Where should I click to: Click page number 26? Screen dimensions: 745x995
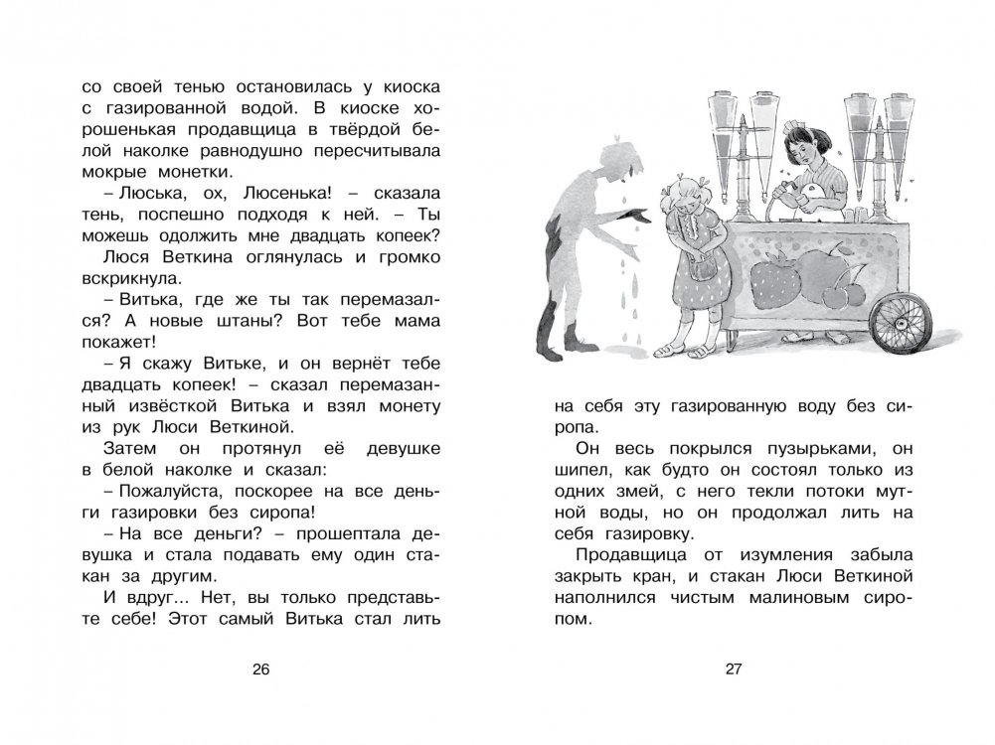click(x=261, y=669)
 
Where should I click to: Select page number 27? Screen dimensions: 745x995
click(x=735, y=669)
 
